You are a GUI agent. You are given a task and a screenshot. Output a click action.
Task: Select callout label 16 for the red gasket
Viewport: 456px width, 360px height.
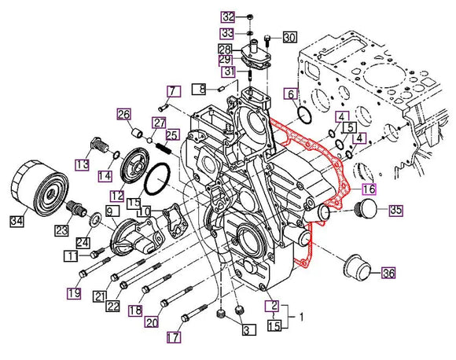point(370,189)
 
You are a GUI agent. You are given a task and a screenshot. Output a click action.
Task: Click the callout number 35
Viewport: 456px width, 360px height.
point(395,210)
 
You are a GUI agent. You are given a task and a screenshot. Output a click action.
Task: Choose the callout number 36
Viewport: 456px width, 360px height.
point(388,273)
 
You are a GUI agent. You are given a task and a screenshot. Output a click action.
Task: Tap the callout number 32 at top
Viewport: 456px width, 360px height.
point(227,17)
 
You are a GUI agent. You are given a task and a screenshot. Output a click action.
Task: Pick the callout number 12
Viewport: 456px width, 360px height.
point(117,195)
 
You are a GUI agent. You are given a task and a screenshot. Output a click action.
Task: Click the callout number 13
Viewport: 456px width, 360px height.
point(83,163)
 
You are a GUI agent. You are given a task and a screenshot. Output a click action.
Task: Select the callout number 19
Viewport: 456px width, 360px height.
point(73,293)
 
